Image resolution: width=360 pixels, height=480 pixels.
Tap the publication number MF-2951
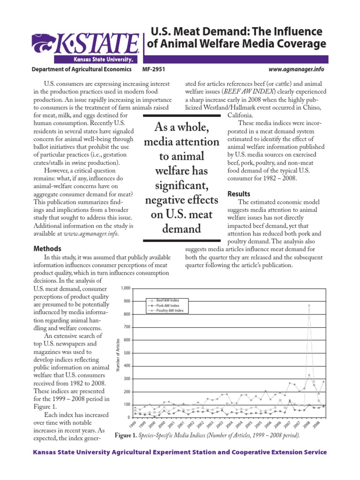[153, 69]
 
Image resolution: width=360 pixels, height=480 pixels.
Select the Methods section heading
[47, 248]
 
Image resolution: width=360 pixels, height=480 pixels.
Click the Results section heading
[239, 194]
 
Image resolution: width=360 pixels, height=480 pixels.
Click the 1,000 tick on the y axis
[125, 288]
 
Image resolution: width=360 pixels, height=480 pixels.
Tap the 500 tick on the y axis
[126, 353]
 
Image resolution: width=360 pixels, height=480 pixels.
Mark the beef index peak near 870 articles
[309, 305]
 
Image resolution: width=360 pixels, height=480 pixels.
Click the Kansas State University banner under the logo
[98, 60]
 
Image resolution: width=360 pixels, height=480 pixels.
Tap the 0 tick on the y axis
[128, 418]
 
